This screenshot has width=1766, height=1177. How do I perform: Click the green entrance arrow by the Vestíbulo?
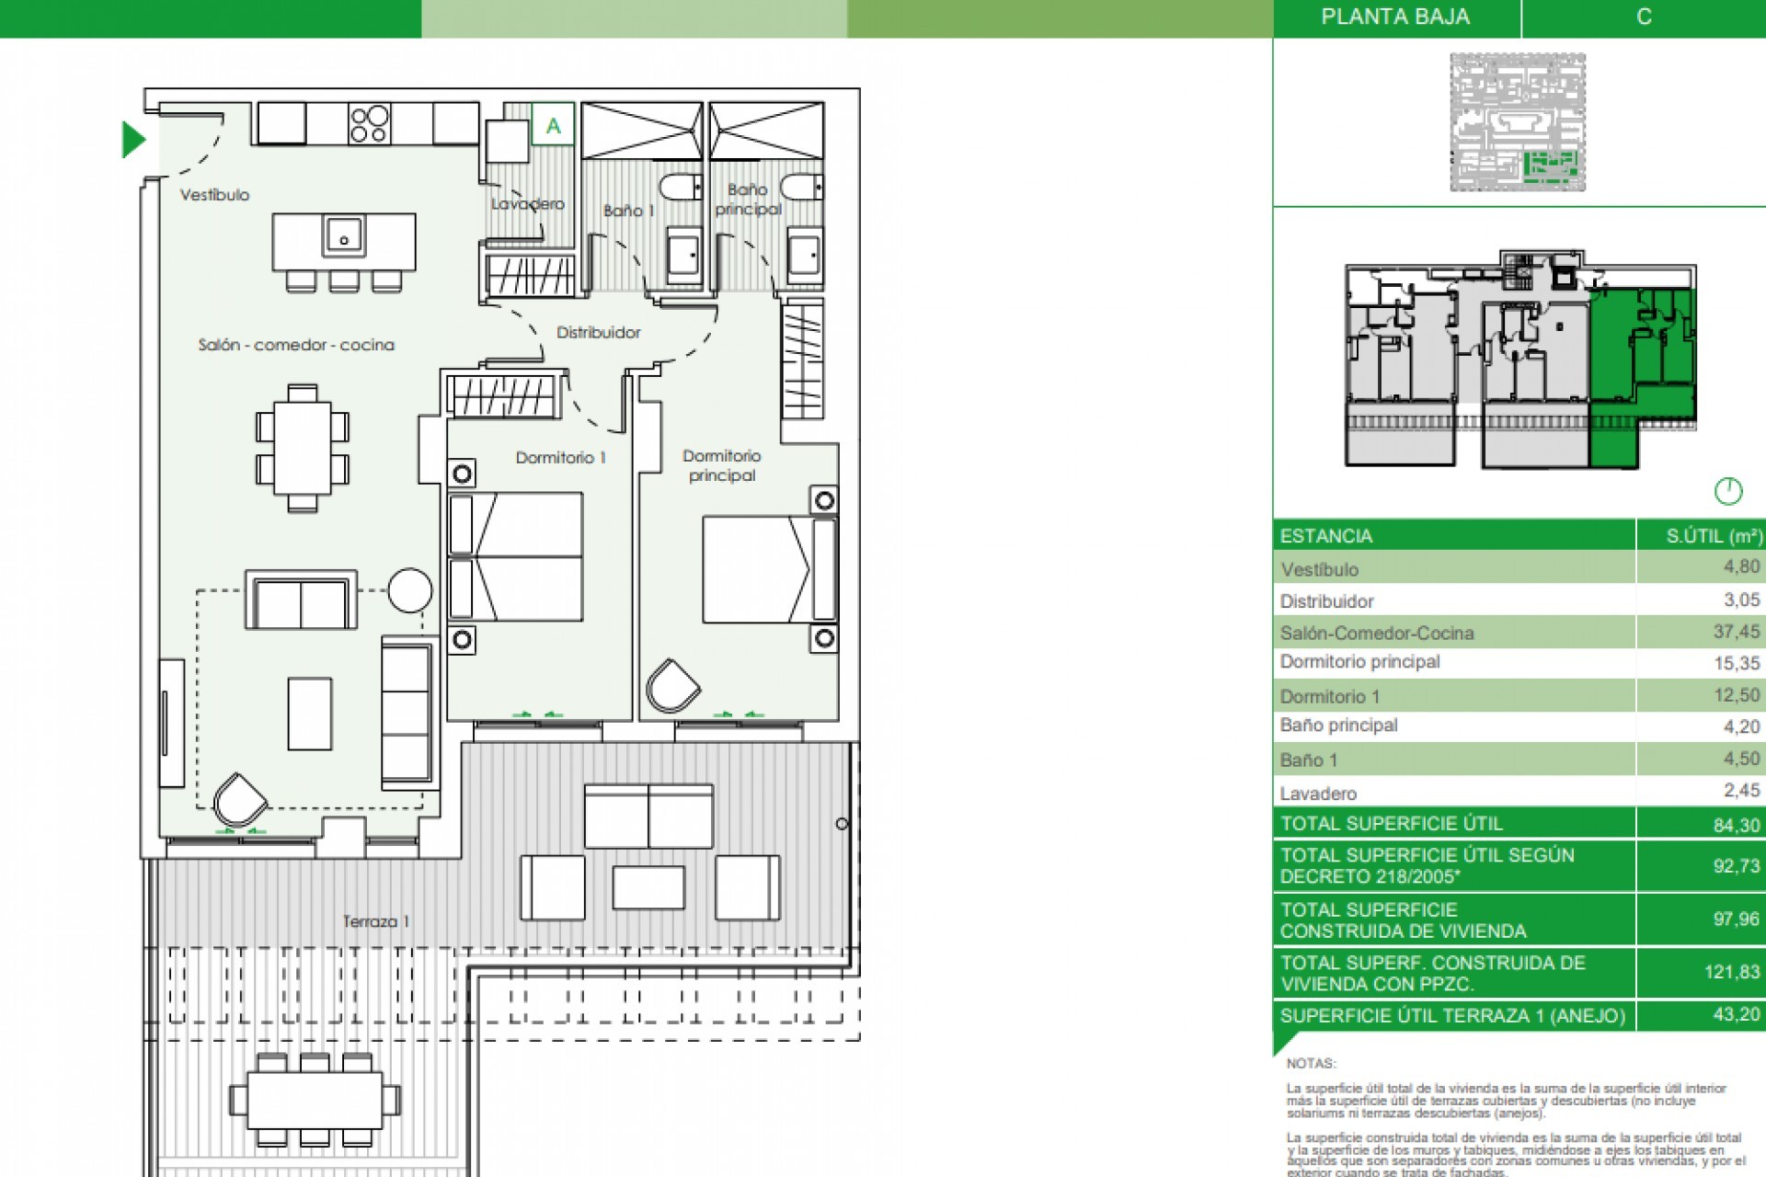click(133, 140)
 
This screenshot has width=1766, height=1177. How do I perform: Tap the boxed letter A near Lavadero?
click(553, 125)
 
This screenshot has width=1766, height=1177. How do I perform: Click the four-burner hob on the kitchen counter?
click(369, 124)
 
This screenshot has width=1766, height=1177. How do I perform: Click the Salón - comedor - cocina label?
click(296, 345)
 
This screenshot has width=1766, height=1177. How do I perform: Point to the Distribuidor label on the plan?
click(598, 332)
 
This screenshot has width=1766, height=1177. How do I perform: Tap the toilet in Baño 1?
click(682, 188)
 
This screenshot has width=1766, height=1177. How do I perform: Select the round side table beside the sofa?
click(409, 590)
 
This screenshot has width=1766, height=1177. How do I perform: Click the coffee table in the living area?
click(309, 714)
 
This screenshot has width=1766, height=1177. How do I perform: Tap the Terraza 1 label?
click(375, 921)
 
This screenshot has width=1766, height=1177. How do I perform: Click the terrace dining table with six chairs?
click(315, 1100)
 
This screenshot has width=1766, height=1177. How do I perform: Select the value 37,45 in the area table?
click(1736, 632)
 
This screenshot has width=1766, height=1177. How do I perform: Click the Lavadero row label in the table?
click(1317, 793)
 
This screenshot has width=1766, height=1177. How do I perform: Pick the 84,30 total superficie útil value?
click(1736, 825)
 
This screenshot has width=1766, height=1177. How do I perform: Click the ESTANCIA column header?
click(1325, 536)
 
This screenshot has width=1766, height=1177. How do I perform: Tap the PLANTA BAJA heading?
click(1394, 17)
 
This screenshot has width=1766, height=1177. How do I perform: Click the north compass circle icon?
click(1728, 491)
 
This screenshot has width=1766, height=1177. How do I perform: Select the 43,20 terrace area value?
click(1736, 1014)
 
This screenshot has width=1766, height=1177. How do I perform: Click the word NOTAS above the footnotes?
click(1311, 1063)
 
